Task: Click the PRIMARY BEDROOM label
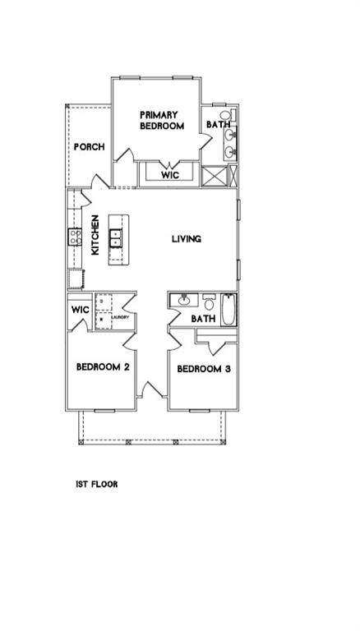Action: (162, 120)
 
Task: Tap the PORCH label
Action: (89, 147)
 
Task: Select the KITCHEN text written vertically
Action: (95, 235)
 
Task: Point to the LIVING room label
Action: (187, 239)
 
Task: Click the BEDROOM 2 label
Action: (103, 367)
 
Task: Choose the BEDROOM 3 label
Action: (204, 369)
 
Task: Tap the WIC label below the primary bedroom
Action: (169, 175)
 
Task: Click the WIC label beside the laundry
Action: (80, 310)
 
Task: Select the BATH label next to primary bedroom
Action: (218, 125)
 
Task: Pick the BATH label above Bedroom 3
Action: (203, 319)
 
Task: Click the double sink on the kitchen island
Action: (116, 239)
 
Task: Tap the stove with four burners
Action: (74, 237)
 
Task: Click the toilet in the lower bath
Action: (209, 301)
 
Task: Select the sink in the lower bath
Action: (184, 301)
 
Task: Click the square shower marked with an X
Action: (214, 177)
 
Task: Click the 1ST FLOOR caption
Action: (96, 485)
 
